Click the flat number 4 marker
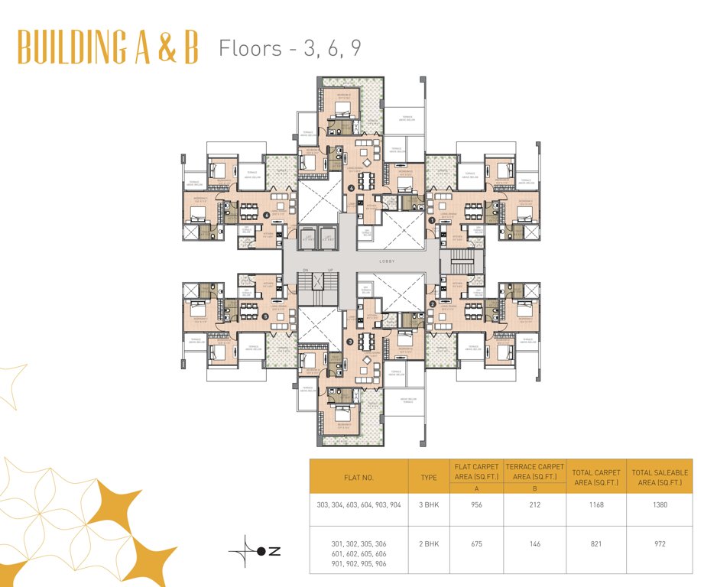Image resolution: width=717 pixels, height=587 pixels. pyautogui.click(x=352, y=188)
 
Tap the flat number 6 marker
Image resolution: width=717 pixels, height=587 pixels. pyautogui.click(x=267, y=216)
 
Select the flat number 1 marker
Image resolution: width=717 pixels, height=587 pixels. pyautogui.click(x=432, y=221)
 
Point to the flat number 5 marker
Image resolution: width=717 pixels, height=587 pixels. pyautogui.click(x=264, y=316)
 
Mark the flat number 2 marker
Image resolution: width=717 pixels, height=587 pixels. pyautogui.click(x=433, y=304)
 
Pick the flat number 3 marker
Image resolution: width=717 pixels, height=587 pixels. pyautogui.click(x=349, y=342)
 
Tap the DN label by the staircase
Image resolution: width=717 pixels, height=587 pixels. pyautogui.click(x=305, y=270)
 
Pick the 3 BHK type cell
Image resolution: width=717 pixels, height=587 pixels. pyautogui.click(x=429, y=505)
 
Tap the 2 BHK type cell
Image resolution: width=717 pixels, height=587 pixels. pyautogui.click(x=429, y=544)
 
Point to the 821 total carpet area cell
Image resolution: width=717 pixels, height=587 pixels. pyautogui.click(x=595, y=544)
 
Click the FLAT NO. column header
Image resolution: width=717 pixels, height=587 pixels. pyautogui.click(x=358, y=477)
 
